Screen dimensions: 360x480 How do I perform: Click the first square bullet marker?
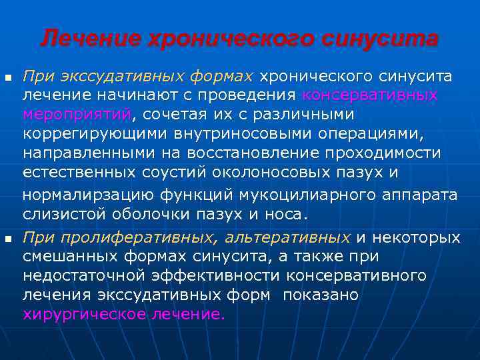coord(9,78)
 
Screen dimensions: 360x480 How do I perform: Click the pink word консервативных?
coord(370,95)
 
